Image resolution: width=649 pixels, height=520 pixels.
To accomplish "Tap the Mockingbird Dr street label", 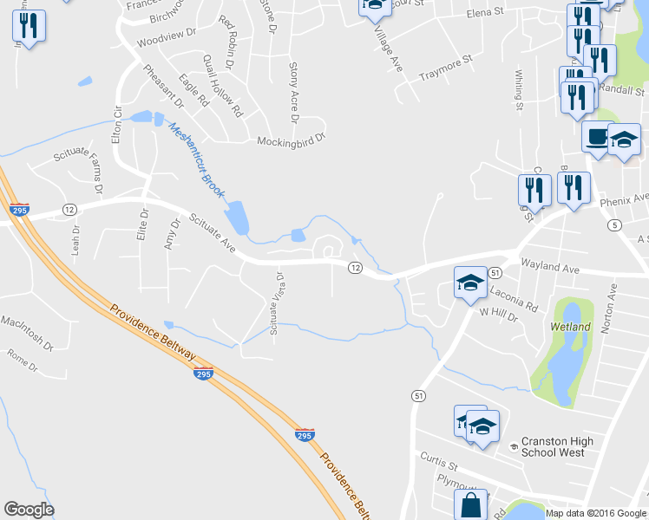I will coord(290,139).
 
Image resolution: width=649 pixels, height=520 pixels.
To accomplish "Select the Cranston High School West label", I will coord(557,447).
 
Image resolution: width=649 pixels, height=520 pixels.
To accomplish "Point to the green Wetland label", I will coord(570,327).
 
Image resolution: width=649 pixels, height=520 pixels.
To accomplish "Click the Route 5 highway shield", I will coord(615,225).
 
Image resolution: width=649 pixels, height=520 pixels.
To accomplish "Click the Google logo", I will coord(29,510).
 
